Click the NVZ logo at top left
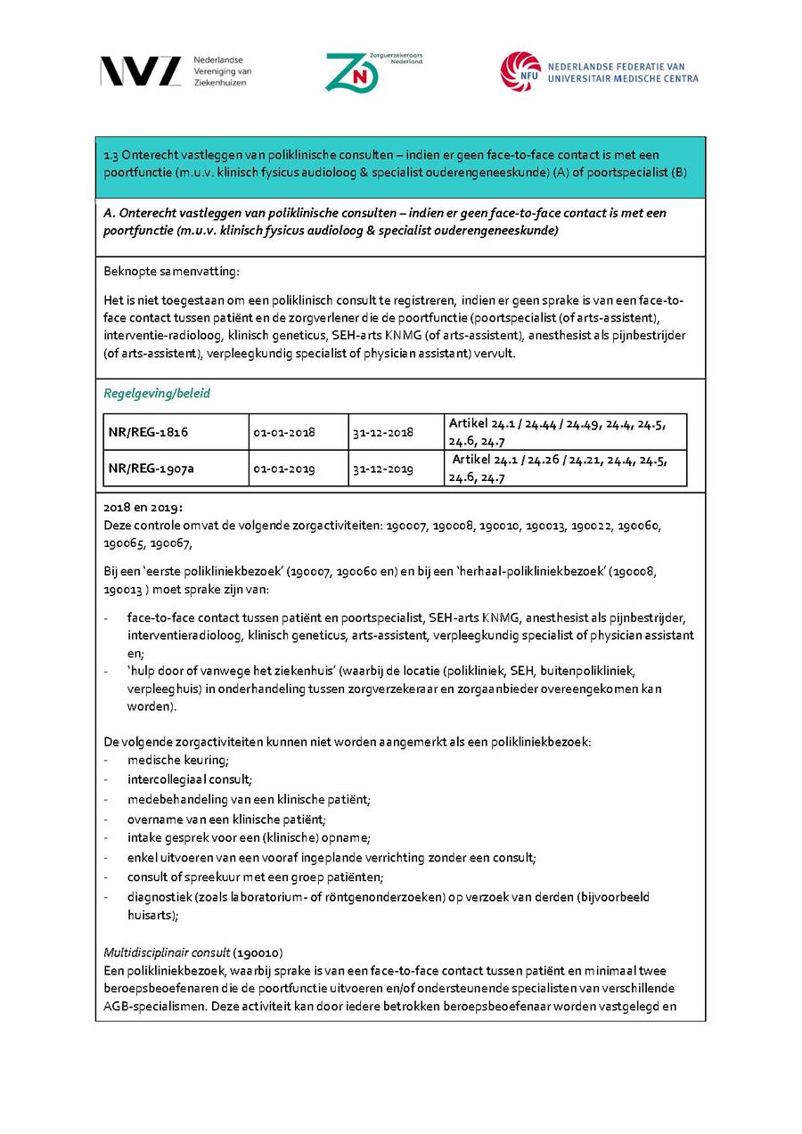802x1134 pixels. [141, 70]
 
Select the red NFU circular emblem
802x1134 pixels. [520, 71]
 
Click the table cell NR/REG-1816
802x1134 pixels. [148, 432]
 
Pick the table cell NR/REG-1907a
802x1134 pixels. [151, 468]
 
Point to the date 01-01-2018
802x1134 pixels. [283, 432]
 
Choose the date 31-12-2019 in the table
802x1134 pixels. [382, 469]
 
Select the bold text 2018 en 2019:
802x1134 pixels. [143, 507]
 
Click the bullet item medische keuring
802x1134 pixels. [177, 760]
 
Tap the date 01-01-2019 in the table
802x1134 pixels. [283, 469]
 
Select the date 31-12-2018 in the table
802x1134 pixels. [382, 432]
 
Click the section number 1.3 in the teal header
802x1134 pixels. [112, 155]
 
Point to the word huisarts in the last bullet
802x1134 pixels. [151, 914]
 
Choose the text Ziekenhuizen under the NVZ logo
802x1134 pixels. [219, 83]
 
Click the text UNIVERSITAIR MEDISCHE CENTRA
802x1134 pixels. [623, 78]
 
